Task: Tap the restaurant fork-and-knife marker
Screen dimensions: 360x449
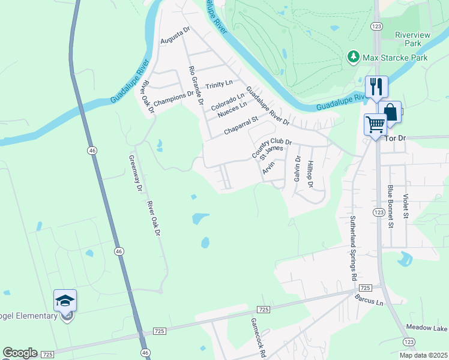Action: coord(376,86)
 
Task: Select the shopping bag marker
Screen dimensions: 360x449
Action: coord(390,112)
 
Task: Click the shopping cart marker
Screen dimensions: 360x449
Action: coord(375,125)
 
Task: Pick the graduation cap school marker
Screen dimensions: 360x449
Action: coord(65,301)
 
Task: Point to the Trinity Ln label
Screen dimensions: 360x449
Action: coord(218,85)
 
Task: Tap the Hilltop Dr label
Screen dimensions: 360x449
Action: coord(310,173)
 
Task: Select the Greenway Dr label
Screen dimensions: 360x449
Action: coord(134,174)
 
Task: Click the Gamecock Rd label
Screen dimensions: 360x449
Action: coord(258,337)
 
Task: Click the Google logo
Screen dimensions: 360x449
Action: coord(20,353)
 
